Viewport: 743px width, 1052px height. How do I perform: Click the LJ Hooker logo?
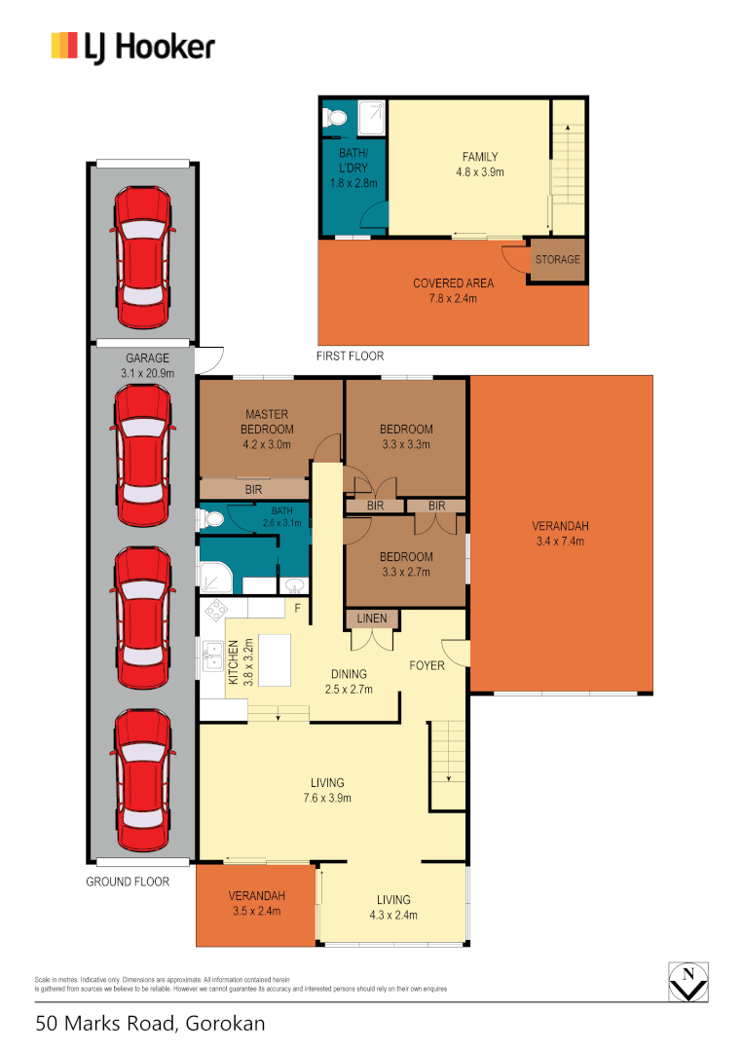pyautogui.click(x=132, y=46)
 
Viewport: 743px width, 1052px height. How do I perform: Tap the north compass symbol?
pyautogui.click(x=689, y=980)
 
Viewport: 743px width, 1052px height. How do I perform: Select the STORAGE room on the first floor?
pyautogui.click(x=557, y=260)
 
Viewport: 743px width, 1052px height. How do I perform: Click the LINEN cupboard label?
pyautogui.click(x=371, y=619)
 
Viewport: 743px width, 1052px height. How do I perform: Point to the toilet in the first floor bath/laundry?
pyautogui.click(x=335, y=117)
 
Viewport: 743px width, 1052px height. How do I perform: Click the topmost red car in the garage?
pyautogui.click(x=144, y=247)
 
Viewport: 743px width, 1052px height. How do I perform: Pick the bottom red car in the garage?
pyautogui.click(x=144, y=779)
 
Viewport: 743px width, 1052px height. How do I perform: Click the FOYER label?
pyautogui.click(x=427, y=666)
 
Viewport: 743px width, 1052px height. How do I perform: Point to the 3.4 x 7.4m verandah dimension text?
pyautogui.click(x=560, y=542)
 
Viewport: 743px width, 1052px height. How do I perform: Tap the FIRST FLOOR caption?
pyautogui.click(x=350, y=357)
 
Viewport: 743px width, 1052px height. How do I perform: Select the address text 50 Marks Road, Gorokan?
pyautogui.click(x=150, y=1024)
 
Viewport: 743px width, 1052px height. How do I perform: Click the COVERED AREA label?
pyautogui.click(x=453, y=283)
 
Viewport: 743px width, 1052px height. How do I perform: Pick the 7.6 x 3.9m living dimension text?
pyautogui.click(x=327, y=798)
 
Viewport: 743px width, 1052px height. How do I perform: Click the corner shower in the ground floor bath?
pyautogui.click(x=216, y=577)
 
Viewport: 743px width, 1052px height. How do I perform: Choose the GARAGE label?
pyautogui.click(x=146, y=358)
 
